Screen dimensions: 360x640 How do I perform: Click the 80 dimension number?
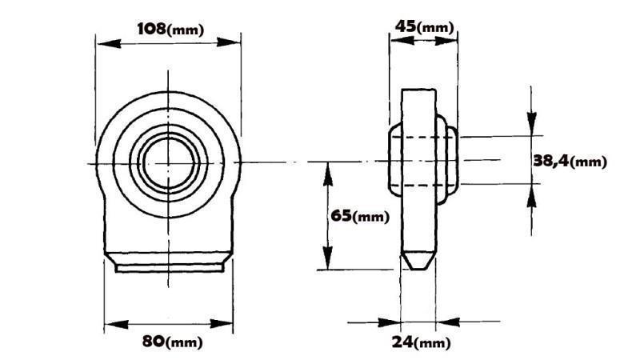coord(155,342)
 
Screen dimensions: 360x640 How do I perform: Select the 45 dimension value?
coord(406,26)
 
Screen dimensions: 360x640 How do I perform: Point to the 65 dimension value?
coord(341,216)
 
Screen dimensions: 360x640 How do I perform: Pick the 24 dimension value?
coord(403,342)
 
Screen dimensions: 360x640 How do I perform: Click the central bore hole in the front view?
coord(168,162)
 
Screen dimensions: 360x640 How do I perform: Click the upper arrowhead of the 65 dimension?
coord(326,170)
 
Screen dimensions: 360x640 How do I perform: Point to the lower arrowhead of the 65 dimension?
coord(326,262)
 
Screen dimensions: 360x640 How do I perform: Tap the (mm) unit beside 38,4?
coord(590,162)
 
